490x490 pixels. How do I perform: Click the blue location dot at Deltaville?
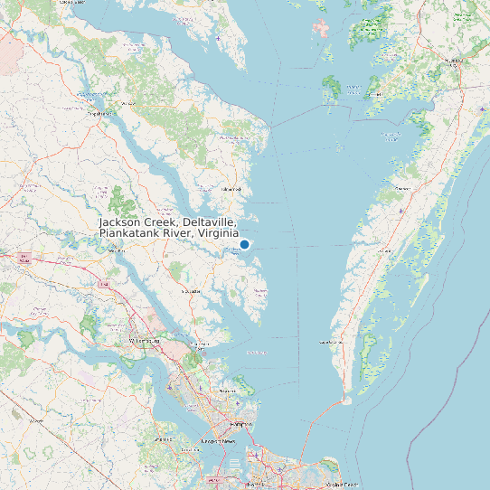pos(244,244)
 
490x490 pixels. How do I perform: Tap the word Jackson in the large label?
pos(125,222)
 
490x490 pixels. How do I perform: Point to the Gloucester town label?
pos(192,292)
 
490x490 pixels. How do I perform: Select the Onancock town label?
pos(401,188)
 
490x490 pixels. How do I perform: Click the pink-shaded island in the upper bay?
pos(321,27)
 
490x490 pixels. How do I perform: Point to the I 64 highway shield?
pos(104,286)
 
